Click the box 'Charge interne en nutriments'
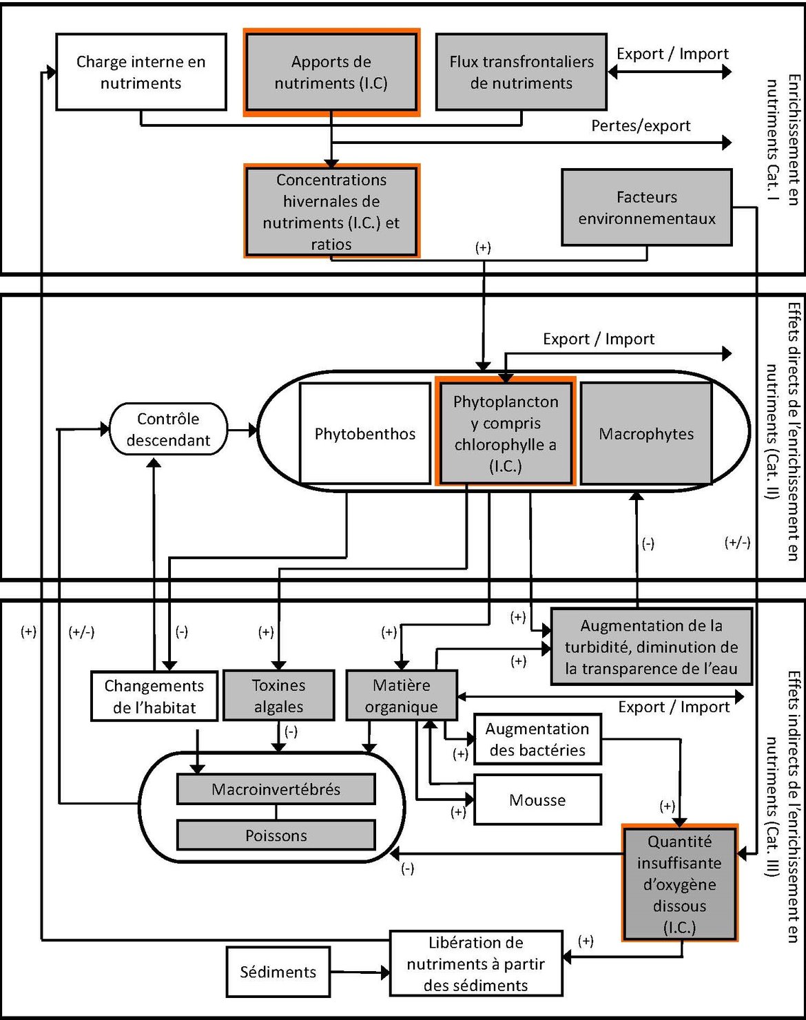pos(141,72)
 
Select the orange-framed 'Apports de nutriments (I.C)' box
pos(331,72)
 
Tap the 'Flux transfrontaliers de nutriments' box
pos(521,72)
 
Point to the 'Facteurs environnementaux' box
pos(646,207)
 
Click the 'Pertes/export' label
pos(641,126)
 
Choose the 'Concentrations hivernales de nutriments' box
pos(331,211)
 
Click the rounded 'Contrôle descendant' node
pos(168,429)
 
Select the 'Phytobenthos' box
pos(365,434)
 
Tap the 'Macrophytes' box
pos(646,434)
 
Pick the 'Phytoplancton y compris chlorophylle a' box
pos(506,433)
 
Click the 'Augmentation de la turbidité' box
pos(651,647)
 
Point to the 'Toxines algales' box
pos(278,696)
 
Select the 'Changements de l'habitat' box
pos(154,696)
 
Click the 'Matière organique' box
pos(401,696)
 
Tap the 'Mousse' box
pos(537,800)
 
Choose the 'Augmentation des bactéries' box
pos(537,739)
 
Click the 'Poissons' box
pos(276,835)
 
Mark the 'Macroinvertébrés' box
pos(276,789)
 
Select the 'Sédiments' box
pos(278,972)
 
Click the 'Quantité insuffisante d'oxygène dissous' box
pos(679,884)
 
